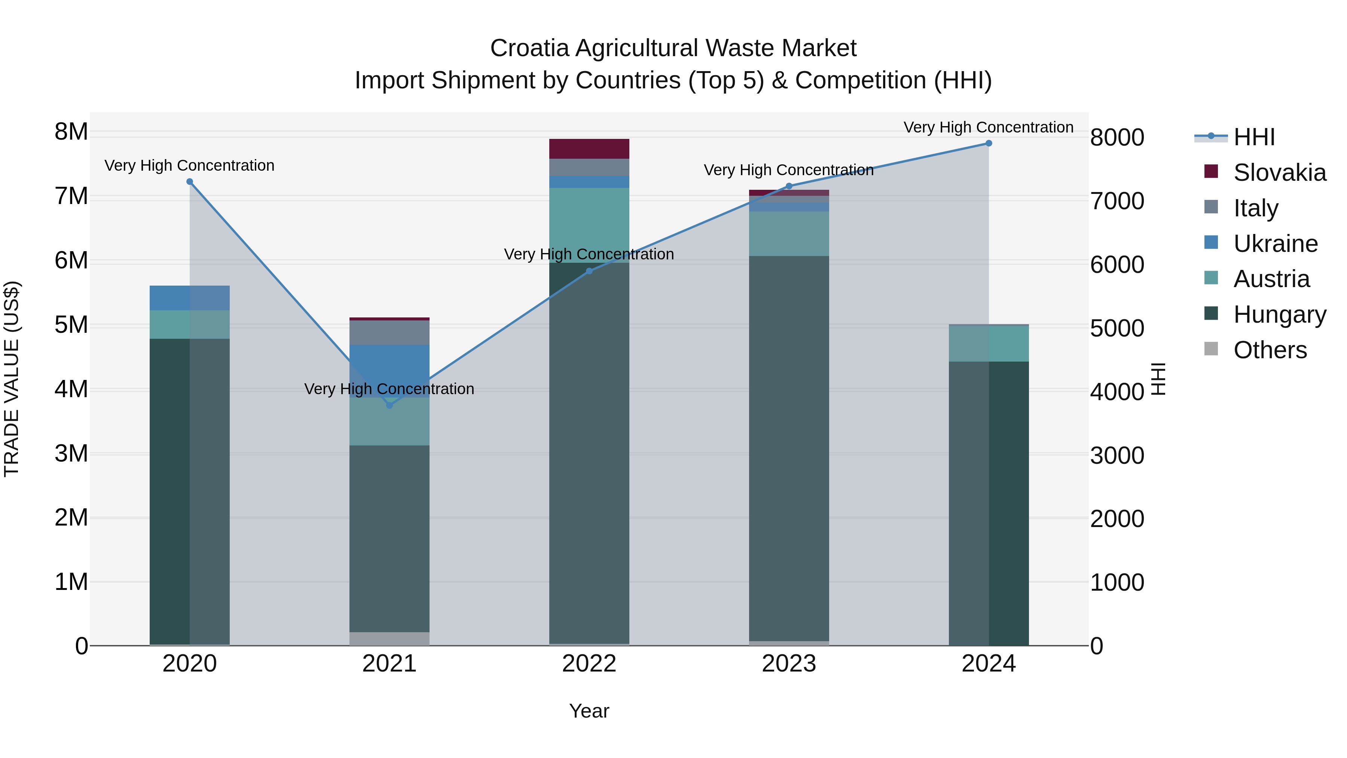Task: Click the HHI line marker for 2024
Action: (988, 143)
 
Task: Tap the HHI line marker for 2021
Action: (389, 405)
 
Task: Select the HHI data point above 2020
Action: (190, 182)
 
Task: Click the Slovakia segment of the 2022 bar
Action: (589, 149)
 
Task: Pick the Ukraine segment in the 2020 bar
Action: (189, 298)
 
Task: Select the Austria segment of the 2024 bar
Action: (988, 343)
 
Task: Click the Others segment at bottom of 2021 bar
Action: (389, 639)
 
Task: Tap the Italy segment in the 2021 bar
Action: (389, 333)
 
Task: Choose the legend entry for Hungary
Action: (1279, 314)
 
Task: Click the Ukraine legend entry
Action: (1275, 244)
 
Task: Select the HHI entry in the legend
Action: (1254, 137)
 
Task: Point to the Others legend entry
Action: (1270, 350)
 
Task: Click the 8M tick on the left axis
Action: (71, 132)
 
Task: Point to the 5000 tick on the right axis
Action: (1117, 329)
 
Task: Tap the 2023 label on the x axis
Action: (788, 664)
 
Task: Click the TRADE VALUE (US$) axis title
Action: (12, 379)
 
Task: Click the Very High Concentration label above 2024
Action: (988, 127)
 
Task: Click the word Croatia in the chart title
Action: (529, 49)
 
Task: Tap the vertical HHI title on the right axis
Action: (1159, 379)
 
